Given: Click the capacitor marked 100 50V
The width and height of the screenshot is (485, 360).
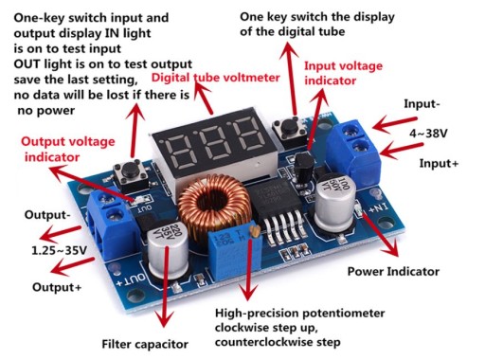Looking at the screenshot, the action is point(334,202).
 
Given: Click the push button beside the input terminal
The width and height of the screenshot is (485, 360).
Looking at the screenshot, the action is point(290,129).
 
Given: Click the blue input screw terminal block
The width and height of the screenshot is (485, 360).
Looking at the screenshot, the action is point(353,152).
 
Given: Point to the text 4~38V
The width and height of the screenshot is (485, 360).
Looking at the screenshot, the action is point(428,134).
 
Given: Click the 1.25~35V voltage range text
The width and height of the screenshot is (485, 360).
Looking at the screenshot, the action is point(59,250).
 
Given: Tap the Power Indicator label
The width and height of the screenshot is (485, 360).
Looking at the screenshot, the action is point(393,272).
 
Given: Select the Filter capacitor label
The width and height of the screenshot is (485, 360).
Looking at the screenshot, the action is point(145,344).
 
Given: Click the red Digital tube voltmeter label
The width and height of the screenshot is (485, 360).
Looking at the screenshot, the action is point(216,78).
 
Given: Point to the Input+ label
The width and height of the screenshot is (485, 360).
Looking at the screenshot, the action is point(439,164).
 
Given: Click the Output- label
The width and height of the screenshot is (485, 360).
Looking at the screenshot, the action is point(47,215).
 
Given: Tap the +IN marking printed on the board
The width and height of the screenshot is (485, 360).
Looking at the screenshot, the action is point(378,208).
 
